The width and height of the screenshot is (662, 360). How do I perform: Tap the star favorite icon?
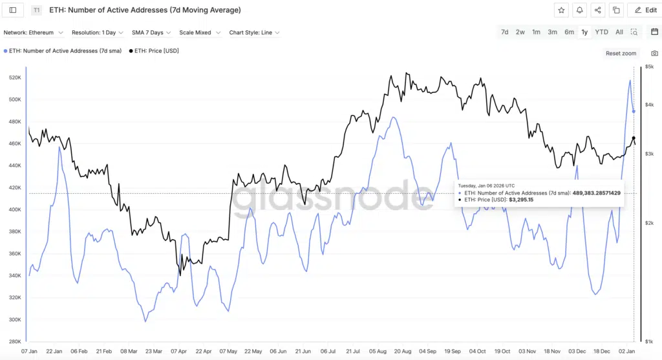click(561, 10)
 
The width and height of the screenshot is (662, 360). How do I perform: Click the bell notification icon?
click(579, 10)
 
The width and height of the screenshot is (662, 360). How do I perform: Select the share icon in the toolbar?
click(598, 10)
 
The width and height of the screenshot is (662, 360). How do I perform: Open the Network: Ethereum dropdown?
click(34, 32)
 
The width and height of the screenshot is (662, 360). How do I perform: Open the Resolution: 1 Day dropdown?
click(98, 32)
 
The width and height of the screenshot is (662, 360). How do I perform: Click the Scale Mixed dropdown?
click(200, 32)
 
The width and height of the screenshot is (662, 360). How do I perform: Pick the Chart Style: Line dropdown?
click(254, 32)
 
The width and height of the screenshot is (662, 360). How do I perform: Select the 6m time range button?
click(569, 32)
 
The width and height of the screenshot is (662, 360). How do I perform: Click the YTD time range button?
click(601, 32)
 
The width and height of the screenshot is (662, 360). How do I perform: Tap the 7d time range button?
click(504, 32)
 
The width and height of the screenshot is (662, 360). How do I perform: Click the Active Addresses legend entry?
click(63, 50)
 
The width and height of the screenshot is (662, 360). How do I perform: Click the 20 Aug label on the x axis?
click(402, 351)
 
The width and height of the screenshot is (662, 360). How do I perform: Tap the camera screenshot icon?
click(654, 53)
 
